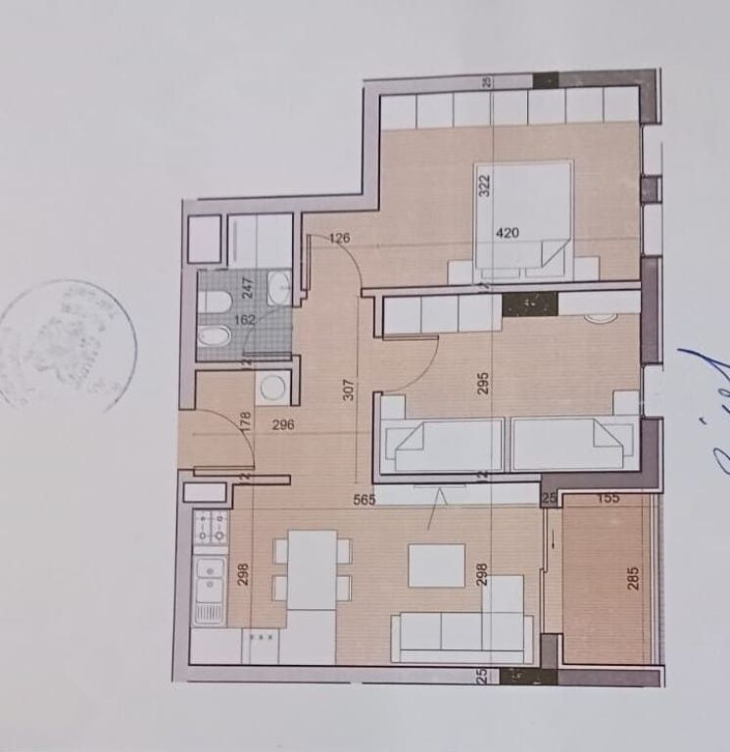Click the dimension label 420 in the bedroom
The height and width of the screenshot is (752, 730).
(x=507, y=233)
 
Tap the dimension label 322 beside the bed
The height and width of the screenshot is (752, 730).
(x=483, y=185)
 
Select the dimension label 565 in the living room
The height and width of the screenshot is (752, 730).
(x=365, y=498)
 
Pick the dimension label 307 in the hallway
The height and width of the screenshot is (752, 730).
(x=349, y=391)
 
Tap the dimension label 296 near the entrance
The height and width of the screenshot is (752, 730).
(x=283, y=425)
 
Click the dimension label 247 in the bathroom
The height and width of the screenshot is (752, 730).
(x=248, y=289)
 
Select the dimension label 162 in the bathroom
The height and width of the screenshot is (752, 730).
(x=244, y=318)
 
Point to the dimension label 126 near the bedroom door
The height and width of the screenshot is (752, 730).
(x=339, y=238)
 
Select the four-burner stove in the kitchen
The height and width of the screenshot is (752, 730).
(x=211, y=528)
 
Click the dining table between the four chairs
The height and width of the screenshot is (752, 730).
(x=312, y=570)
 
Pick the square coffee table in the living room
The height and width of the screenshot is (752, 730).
(x=436, y=565)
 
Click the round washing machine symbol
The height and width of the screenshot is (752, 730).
(x=271, y=388)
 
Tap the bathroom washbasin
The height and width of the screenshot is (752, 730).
(x=278, y=289)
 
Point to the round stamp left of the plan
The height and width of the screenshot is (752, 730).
(x=67, y=345)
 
